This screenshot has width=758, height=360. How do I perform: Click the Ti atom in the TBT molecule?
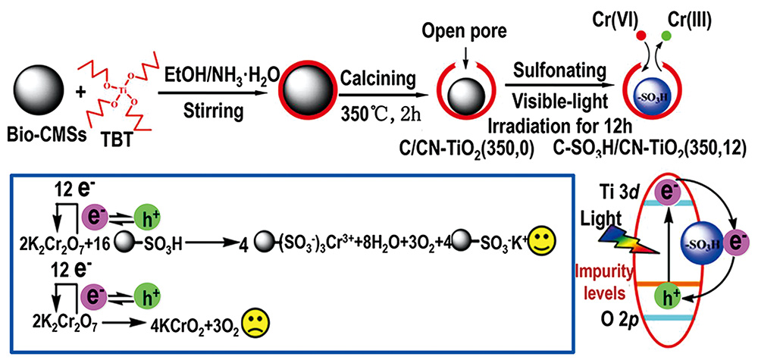click(114, 92)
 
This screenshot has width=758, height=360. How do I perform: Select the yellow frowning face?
click(254, 321)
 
